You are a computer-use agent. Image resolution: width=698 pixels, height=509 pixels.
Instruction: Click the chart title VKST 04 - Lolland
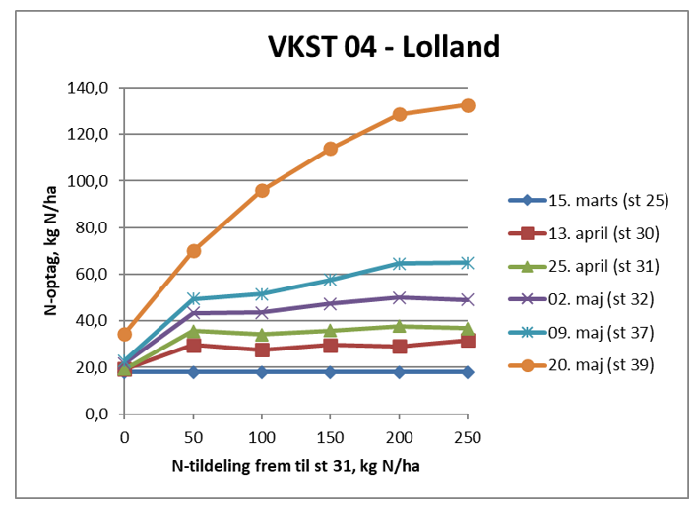click(x=384, y=46)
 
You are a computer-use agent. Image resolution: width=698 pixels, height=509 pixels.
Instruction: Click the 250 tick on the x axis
click(x=468, y=434)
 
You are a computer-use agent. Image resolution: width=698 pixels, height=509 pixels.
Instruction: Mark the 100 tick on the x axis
click(x=262, y=434)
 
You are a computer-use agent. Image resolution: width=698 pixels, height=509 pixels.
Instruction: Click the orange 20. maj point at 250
click(x=468, y=105)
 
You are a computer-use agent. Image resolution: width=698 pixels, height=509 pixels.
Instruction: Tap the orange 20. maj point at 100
click(x=262, y=191)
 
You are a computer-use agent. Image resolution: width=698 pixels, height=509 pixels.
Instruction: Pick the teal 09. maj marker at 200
click(x=399, y=263)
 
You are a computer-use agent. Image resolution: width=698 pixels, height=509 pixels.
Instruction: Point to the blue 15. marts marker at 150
click(x=331, y=372)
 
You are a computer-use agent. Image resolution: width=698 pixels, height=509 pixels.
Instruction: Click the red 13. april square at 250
click(x=468, y=341)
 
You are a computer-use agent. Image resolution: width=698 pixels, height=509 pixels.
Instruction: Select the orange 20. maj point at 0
click(x=125, y=334)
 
